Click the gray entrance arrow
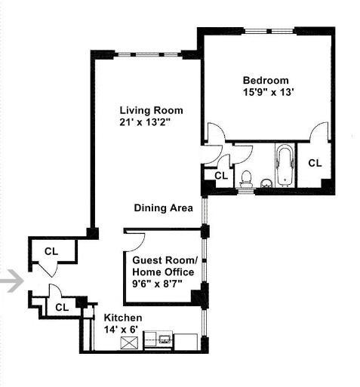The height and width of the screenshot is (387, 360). pyautogui.click(x=15, y=281)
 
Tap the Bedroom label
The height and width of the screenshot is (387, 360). pyautogui.click(x=266, y=81)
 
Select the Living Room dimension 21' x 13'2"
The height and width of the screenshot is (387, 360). pyautogui.click(x=145, y=122)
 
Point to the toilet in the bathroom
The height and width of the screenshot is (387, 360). pyautogui.click(x=246, y=179)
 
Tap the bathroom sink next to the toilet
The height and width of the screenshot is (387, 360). pyautogui.click(x=266, y=183)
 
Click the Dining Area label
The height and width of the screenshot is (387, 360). pyautogui.click(x=164, y=208)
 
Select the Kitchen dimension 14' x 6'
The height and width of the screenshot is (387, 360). pyautogui.click(x=122, y=329)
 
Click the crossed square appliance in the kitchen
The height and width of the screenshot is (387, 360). pyautogui.click(x=129, y=342)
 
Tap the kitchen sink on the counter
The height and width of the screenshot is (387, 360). pyautogui.click(x=165, y=339)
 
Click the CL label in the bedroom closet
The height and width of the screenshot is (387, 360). pyautogui.click(x=315, y=163)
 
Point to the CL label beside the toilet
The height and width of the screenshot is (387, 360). pyautogui.click(x=221, y=176)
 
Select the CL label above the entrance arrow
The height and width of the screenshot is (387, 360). pyautogui.click(x=51, y=251)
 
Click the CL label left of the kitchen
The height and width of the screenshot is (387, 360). pyautogui.click(x=62, y=307)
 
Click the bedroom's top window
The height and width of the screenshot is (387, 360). pyautogui.click(x=269, y=31)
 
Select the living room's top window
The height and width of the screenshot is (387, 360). pyautogui.click(x=148, y=54)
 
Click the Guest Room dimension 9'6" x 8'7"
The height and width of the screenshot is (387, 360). pyautogui.click(x=157, y=284)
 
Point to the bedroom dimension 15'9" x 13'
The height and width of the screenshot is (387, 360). pyautogui.click(x=269, y=92)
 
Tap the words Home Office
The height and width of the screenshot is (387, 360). pyautogui.click(x=163, y=272)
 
